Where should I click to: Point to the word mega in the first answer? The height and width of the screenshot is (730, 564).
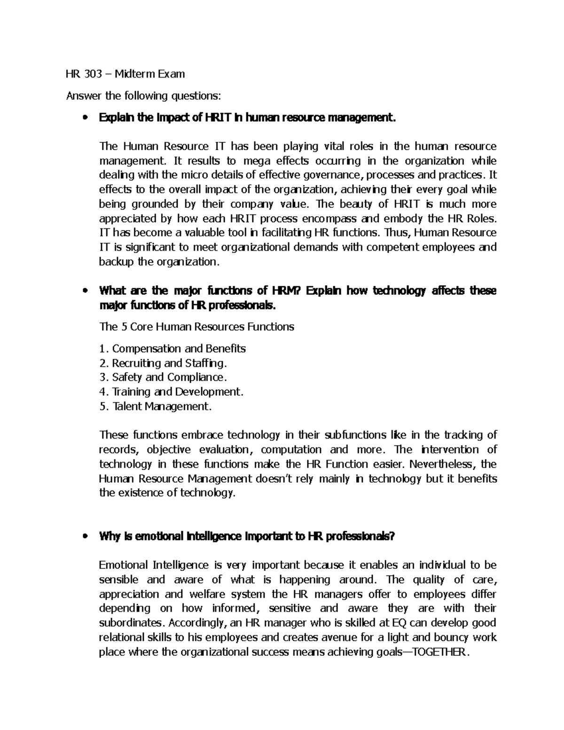(x=254, y=161)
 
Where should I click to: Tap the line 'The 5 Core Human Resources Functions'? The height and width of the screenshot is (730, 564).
(x=196, y=327)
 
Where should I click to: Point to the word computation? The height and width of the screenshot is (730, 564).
(x=291, y=450)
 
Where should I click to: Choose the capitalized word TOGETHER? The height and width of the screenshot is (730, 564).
(x=437, y=652)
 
